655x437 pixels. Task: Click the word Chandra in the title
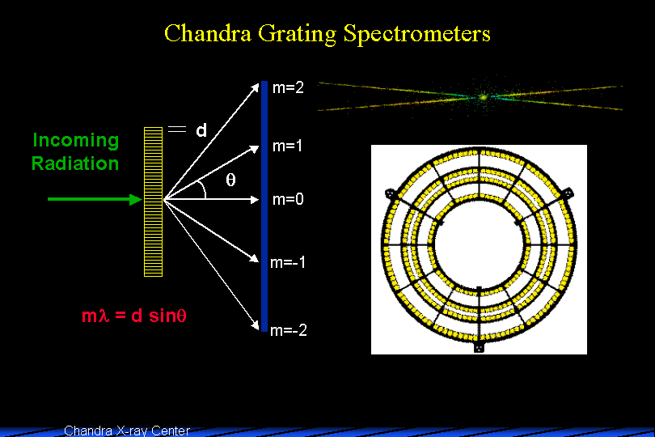pos(202,34)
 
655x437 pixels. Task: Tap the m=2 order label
pos(289,88)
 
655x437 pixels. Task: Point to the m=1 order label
pos(288,147)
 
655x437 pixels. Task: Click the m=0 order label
pos(288,199)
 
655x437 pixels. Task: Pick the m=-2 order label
pos(289,330)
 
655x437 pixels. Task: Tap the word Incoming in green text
pos(75,141)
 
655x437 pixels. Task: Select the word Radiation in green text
pos(75,163)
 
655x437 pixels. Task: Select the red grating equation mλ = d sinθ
pos(134,316)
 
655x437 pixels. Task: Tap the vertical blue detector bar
pos(264,206)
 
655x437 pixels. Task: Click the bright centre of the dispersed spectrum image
pos(484,97)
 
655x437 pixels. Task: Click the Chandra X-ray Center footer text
pos(126,431)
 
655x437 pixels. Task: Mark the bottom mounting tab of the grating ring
pos(478,347)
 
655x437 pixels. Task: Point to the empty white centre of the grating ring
pos(478,248)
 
